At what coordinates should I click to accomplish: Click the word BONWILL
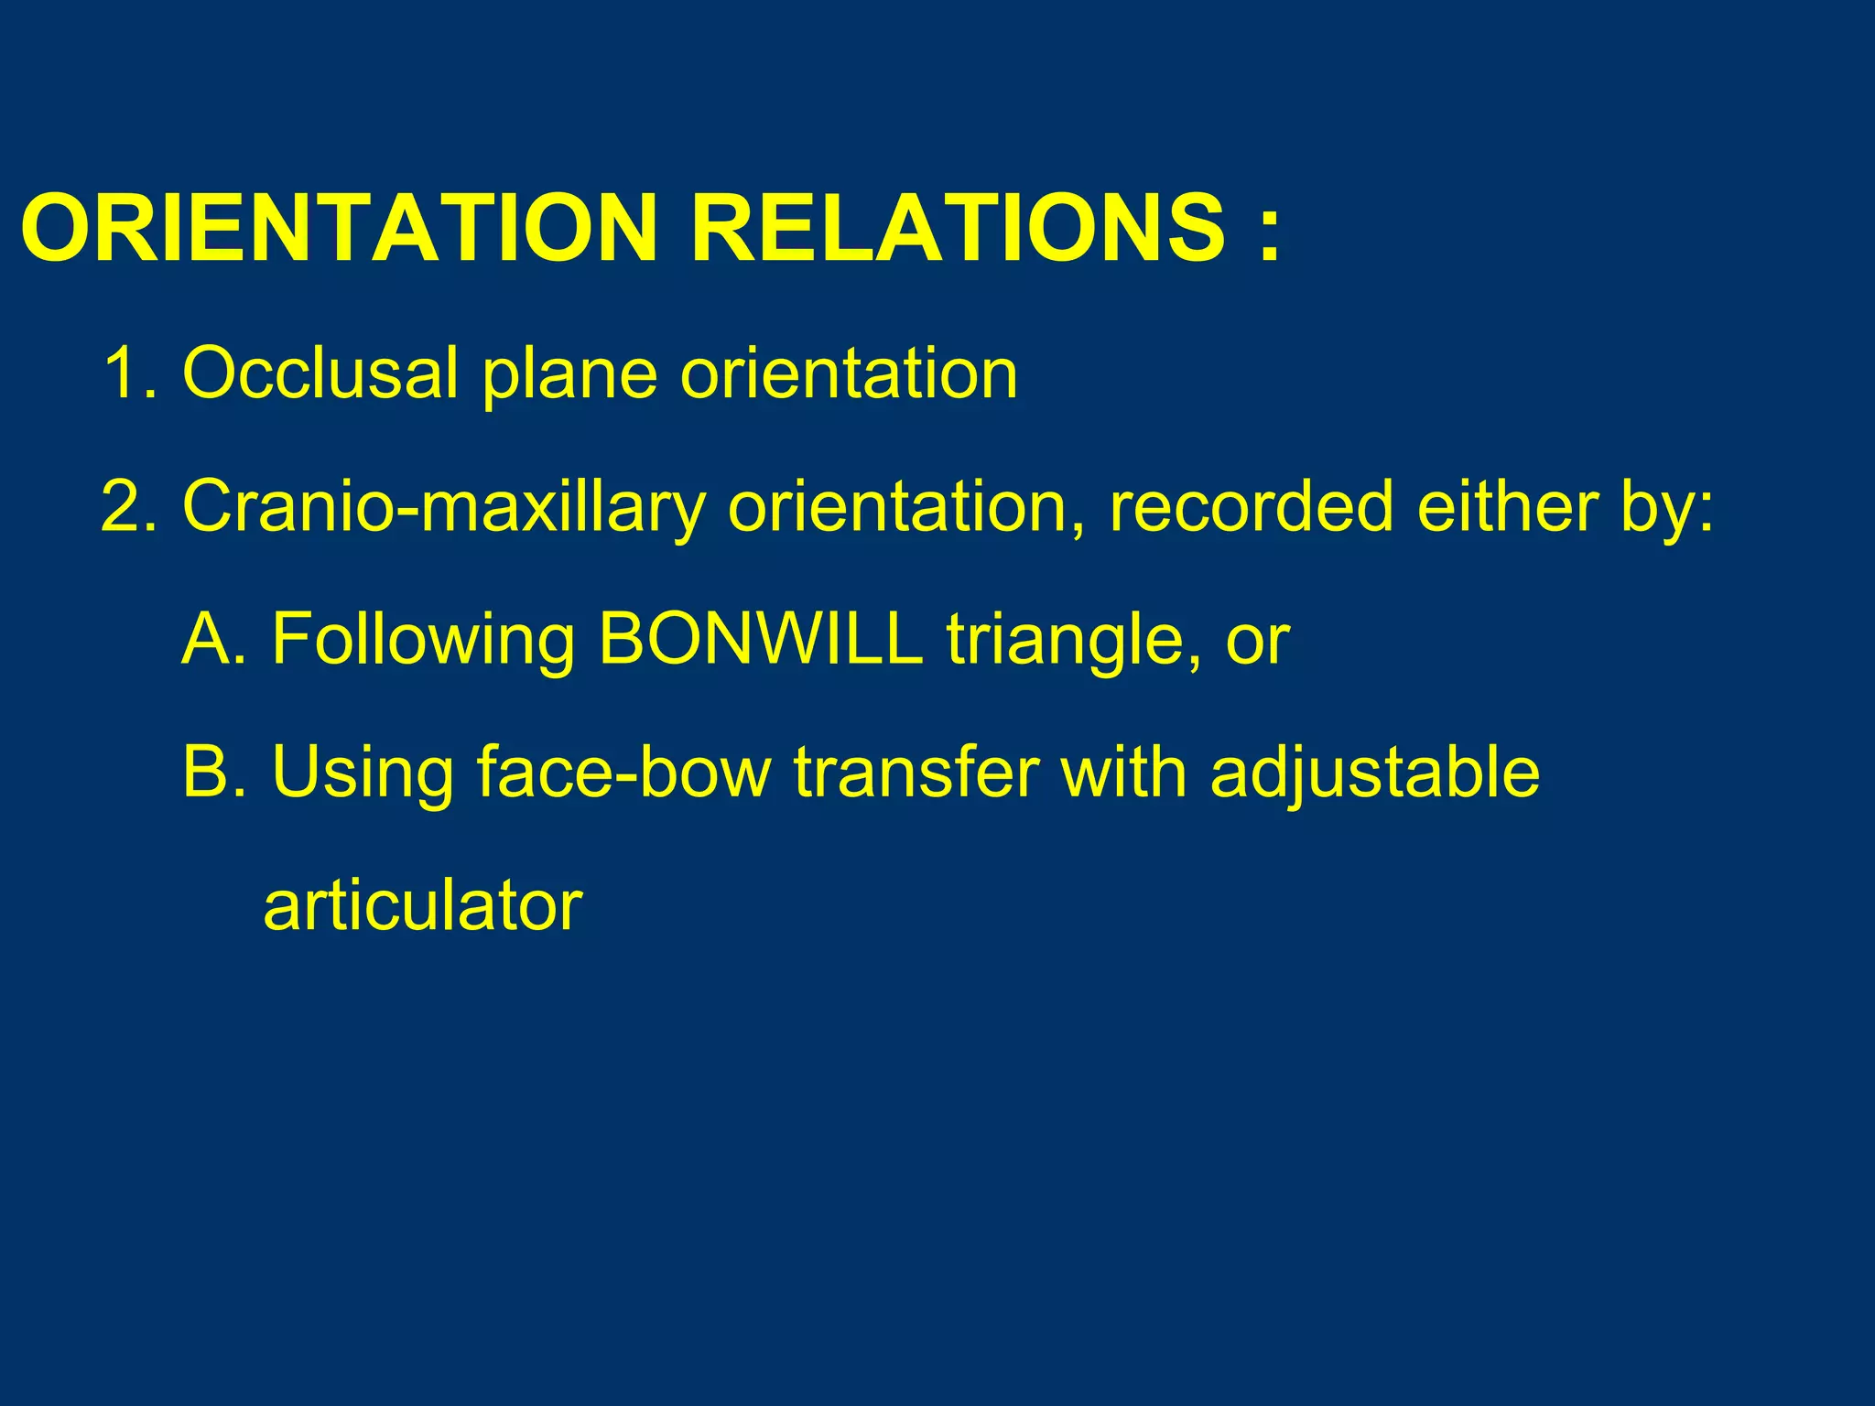(x=760, y=639)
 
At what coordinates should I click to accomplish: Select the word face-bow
(x=623, y=773)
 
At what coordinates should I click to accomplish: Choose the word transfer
(x=916, y=773)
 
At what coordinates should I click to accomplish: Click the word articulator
(x=422, y=906)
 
